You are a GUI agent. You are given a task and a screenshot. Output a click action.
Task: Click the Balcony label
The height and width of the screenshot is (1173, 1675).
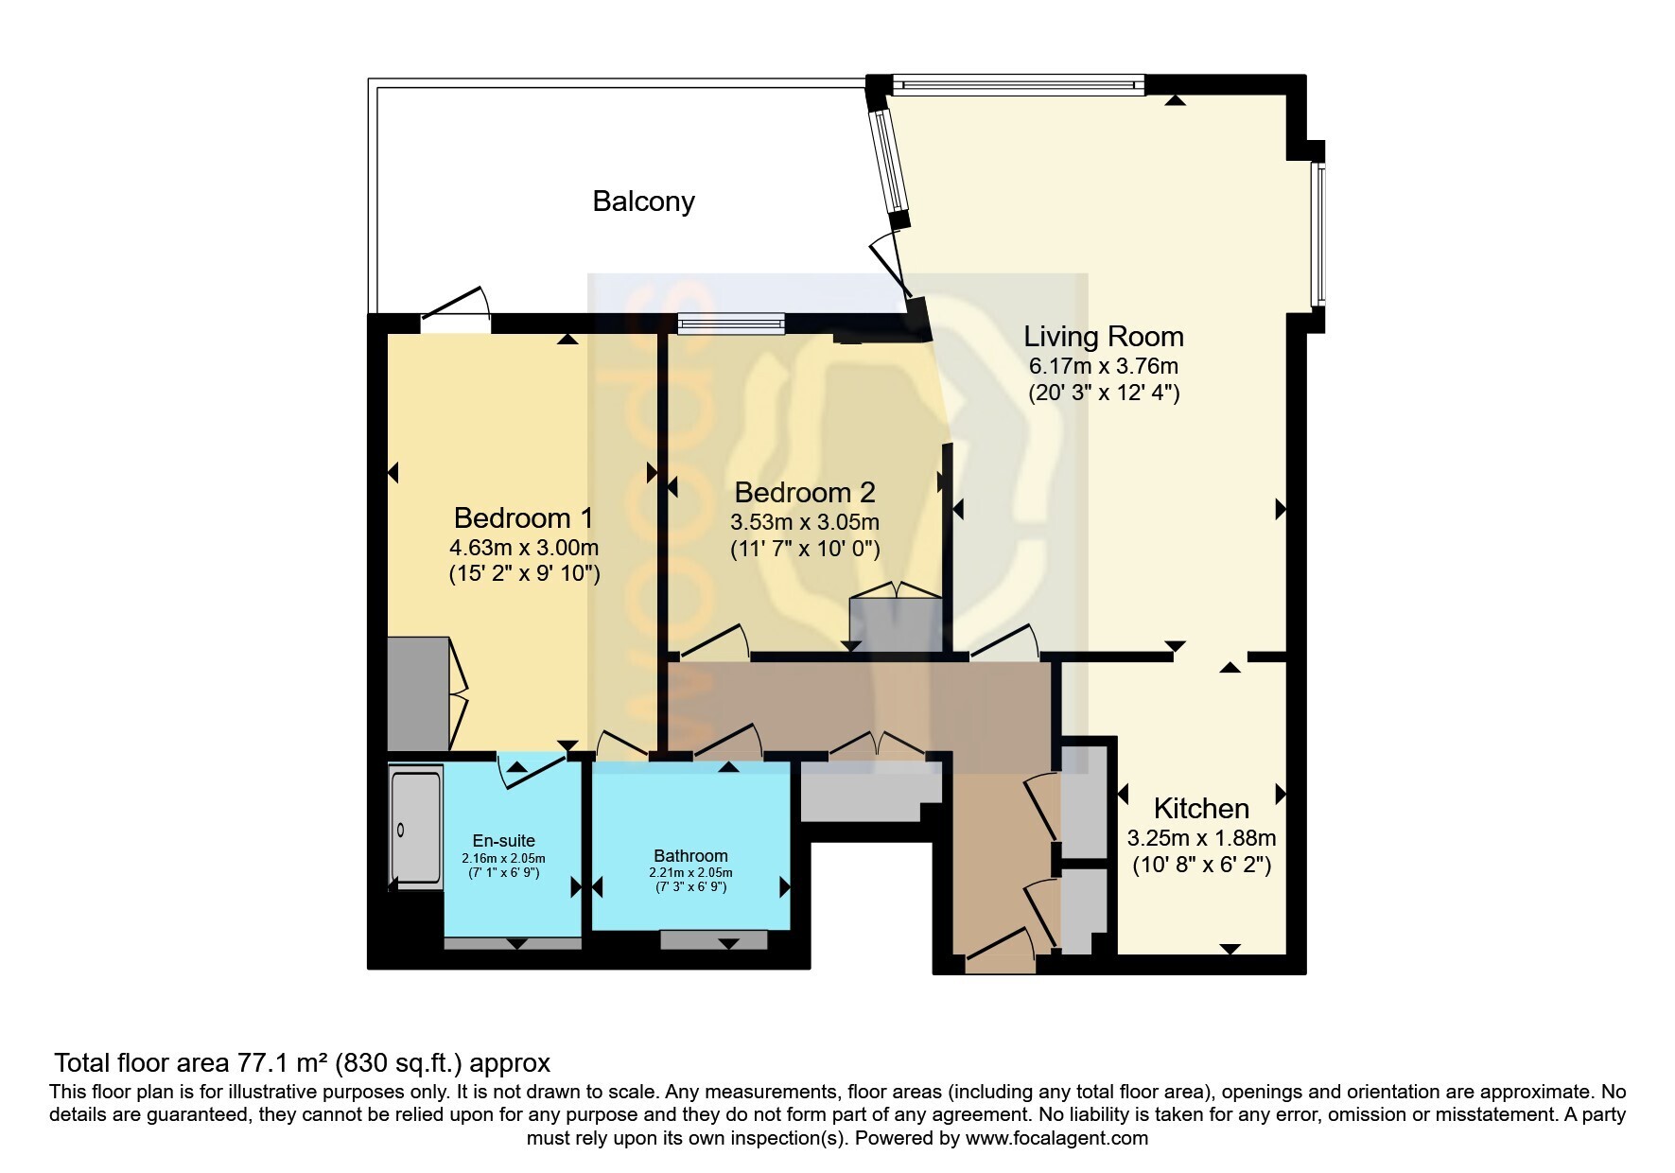coord(643,201)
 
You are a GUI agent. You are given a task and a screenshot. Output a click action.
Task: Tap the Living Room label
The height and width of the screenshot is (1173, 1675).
coord(1104,337)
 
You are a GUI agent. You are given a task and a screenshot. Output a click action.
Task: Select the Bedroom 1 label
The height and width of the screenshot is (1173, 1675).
coord(523,518)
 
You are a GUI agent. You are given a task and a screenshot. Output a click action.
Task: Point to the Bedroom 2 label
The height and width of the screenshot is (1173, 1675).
coord(805,493)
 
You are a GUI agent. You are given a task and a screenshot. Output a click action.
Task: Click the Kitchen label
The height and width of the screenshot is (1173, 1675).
coord(1201,809)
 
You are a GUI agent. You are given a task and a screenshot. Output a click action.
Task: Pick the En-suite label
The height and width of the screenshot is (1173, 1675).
coord(504,841)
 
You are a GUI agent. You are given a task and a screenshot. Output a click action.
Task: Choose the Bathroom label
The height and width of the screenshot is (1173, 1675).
coord(690,856)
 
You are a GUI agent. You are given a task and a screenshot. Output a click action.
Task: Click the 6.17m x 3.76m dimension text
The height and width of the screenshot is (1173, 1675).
coord(1104,366)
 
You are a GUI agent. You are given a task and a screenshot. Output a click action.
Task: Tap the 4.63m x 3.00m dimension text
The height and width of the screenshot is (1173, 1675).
coord(524,548)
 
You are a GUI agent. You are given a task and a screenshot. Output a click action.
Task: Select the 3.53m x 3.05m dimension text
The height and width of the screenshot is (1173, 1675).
coord(805,522)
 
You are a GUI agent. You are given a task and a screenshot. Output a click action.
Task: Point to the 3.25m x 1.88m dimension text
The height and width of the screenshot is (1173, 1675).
coord(1201,838)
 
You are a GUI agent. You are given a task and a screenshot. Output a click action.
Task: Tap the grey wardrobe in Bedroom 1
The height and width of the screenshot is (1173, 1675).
coord(418,693)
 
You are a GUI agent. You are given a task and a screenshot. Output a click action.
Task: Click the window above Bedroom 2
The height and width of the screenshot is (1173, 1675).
coord(731,324)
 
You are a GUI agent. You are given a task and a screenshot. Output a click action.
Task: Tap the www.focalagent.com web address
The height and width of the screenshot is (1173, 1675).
coord(1056,1138)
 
